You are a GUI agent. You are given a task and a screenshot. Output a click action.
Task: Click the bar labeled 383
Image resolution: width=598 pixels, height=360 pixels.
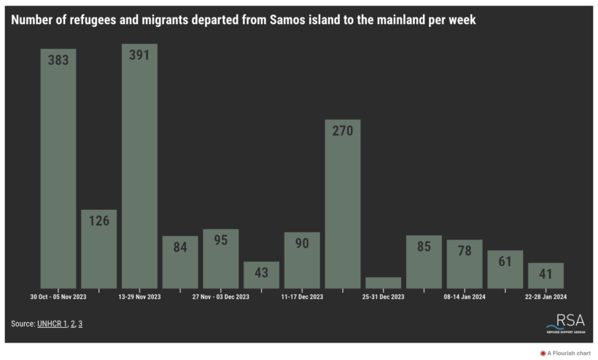[58, 168]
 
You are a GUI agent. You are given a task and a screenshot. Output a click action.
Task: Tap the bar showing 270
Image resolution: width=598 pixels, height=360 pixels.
[343, 203]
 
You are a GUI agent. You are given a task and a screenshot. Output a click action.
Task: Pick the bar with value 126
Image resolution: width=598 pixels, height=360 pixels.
[99, 249]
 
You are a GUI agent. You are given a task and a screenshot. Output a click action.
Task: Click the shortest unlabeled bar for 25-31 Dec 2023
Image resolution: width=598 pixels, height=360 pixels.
[384, 283]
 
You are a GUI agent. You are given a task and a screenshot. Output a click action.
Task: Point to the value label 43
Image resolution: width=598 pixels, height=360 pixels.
[261, 272]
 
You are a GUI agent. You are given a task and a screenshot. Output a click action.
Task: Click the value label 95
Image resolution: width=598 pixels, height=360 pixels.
[221, 240]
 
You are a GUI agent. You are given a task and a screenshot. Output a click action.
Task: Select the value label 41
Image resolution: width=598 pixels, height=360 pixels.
[545, 273]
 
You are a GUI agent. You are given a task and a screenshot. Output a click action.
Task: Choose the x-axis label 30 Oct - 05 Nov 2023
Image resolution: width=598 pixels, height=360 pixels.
[58, 297]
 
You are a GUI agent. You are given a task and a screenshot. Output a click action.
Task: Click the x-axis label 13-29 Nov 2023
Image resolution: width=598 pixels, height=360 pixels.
[139, 297]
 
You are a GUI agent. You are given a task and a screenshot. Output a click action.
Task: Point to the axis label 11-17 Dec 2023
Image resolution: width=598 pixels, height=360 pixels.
[302, 297]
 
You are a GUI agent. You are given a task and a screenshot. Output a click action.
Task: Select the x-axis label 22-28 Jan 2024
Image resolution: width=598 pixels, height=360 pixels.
[545, 297]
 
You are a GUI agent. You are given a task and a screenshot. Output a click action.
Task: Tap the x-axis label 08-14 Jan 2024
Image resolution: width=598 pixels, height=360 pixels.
[465, 297]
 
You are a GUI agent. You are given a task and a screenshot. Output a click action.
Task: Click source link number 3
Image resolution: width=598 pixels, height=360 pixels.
[80, 323]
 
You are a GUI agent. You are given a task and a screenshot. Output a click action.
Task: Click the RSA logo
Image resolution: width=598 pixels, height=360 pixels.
[566, 323]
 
